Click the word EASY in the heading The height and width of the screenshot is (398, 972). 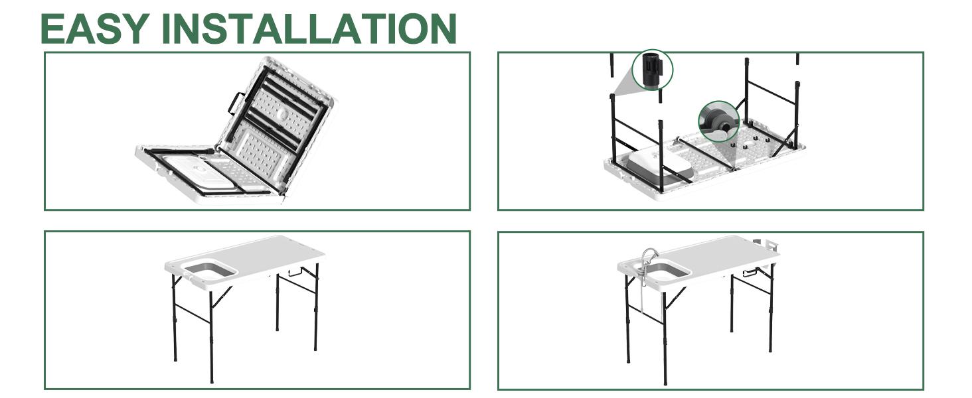[94, 29]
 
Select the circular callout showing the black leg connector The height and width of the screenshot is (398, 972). [652, 70]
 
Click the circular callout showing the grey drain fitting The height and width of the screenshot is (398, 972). [718, 121]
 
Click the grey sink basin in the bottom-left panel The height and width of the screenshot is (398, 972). [210, 270]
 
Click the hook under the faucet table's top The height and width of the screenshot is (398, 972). [750, 273]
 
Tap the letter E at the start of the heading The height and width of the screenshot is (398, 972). [52, 29]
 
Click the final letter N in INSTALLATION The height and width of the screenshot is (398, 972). [442, 29]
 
